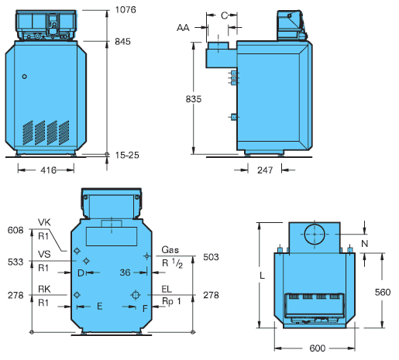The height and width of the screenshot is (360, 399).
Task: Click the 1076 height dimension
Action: click(x=126, y=10)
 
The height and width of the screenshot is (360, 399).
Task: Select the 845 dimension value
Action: click(x=122, y=42)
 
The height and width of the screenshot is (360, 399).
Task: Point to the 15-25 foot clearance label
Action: click(x=127, y=155)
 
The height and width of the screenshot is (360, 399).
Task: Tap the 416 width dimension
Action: click(x=48, y=170)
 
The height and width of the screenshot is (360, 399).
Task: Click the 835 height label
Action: click(x=194, y=99)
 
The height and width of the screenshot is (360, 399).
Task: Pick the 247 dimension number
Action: click(x=265, y=170)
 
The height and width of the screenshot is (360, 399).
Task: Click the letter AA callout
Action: click(x=183, y=28)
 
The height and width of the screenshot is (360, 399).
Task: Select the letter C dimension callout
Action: click(x=224, y=15)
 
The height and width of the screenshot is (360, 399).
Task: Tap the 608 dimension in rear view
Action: click(x=15, y=230)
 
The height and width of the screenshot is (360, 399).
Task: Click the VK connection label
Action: click(x=44, y=222)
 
